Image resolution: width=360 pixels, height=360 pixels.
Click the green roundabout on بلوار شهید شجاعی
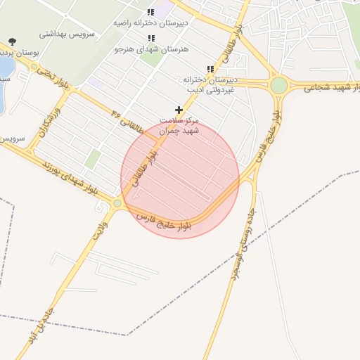tap(279, 85)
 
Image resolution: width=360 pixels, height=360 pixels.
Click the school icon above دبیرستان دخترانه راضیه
tap(150, 12)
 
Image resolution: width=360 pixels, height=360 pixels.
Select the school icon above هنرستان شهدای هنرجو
tap(150, 38)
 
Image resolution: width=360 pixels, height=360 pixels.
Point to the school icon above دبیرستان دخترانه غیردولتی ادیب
tap(210, 69)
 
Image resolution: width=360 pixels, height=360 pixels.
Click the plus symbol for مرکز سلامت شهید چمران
tap(179, 110)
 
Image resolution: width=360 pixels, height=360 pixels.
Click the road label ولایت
tap(99, 230)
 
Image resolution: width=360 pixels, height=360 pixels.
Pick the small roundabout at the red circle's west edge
tap(117, 204)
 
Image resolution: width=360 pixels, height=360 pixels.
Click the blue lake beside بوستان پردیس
tap(4, 67)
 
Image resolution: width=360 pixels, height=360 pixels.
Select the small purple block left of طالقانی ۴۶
tap(95, 83)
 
